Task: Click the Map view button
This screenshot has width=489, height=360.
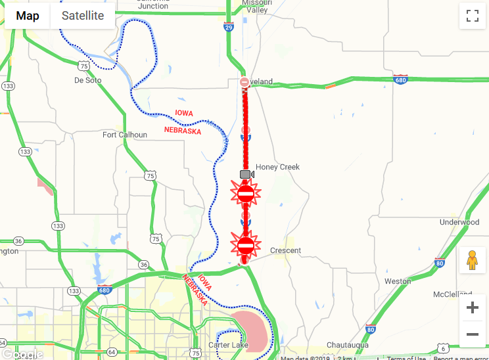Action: pos(28,16)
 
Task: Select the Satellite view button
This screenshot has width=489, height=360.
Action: pos(83,16)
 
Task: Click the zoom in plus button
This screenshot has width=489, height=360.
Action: pos(472,308)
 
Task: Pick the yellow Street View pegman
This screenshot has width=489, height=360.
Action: pos(472,261)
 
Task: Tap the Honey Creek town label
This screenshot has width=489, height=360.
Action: pos(277,167)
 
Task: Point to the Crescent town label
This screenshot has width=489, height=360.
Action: pos(285,250)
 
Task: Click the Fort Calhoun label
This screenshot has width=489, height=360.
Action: pos(124,135)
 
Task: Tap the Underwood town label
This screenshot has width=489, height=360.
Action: pos(459,222)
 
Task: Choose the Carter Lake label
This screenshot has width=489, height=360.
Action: pos(227,345)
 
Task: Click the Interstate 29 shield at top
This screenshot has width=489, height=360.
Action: pos(228,27)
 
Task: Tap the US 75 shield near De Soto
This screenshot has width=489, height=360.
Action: pos(83,66)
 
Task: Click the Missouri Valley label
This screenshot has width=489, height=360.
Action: pos(257,6)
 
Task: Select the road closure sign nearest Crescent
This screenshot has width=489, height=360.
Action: pos(246,246)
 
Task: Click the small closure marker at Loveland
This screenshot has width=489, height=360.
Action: pos(244,82)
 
